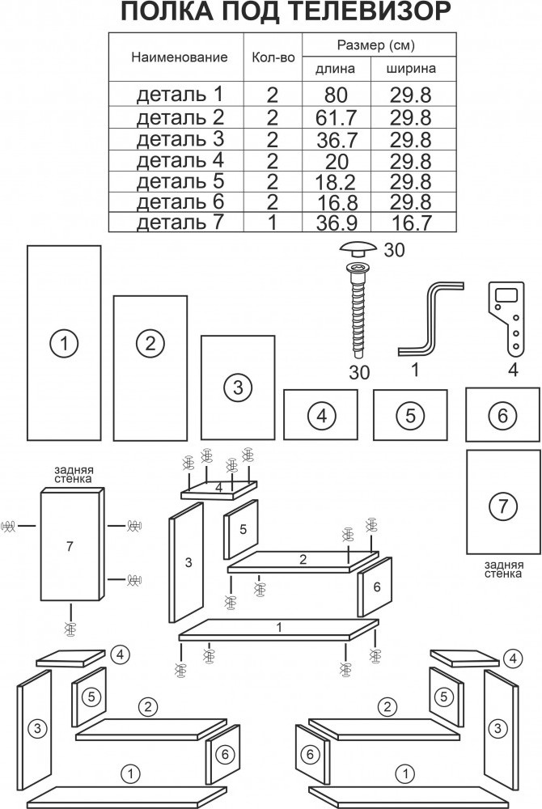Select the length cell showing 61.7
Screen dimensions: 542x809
tap(337, 118)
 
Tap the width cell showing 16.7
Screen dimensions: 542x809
tap(411, 223)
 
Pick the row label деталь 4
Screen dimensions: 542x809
tap(180, 160)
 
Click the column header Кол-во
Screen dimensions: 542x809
tap(273, 57)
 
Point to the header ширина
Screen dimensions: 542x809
tap(411, 69)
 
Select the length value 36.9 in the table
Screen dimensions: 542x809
tap(337, 223)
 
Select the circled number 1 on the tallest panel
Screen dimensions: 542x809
tap(64, 343)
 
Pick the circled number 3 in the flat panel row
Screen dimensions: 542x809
tap(238, 387)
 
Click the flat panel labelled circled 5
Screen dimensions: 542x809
tap(410, 415)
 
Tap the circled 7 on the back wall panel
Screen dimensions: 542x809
tap(502, 506)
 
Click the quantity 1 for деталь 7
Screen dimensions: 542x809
tap(273, 222)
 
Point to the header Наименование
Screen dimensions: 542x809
tap(180, 57)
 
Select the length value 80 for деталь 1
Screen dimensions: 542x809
tap(337, 95)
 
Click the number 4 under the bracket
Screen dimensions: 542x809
tap(513, 370)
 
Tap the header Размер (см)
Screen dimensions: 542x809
tap(376, 45)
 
